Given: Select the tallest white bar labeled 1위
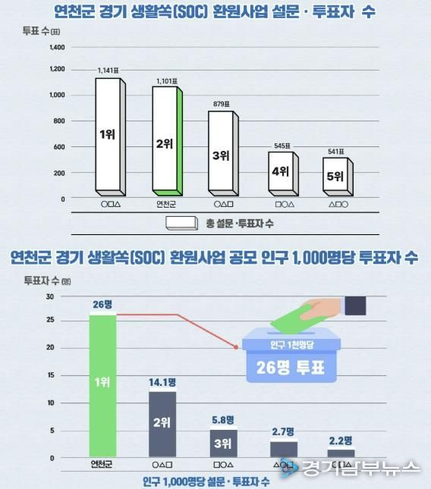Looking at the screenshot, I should tap(107, 134).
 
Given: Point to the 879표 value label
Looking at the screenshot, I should tap(221, 104).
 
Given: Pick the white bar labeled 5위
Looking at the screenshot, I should tap(335, 176).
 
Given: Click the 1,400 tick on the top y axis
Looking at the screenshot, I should tap(57, 47).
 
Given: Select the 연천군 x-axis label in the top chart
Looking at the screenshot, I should tap(165, 204).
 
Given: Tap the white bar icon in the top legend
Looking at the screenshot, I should tap(182, 223).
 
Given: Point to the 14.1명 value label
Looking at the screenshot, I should tap(162, 383).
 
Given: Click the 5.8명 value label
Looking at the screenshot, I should tap(223, 419).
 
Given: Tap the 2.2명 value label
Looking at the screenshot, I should tap(341, 440).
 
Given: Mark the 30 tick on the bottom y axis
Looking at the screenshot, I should tap(50, 296).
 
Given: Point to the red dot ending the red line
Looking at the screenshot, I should tap(237, 347).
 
